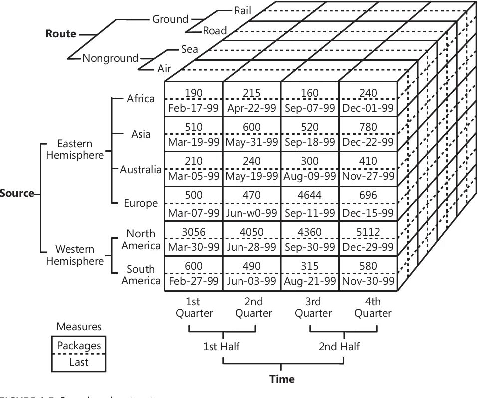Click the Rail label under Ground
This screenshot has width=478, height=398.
[243, 9]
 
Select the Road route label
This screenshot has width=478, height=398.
[215, 31]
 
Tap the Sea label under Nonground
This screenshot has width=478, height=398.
[190, 49]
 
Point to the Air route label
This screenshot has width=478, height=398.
[164, 68]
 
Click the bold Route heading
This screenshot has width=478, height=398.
[61, 34]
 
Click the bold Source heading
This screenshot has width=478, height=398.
[17, 193]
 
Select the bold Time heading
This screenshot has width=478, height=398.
[282, 379]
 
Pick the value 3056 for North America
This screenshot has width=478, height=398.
[194, 232]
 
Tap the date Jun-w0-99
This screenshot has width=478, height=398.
[251, 213]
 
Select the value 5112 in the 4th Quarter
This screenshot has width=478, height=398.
[368, 232]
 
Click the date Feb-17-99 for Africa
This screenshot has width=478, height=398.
[194, 108]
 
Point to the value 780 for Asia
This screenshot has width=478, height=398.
[368, 128]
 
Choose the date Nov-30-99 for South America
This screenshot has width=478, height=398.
[368, 281]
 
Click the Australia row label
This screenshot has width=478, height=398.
[141, 170]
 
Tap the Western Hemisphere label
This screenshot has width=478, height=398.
[75, 255]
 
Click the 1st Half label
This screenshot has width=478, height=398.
[222, 347]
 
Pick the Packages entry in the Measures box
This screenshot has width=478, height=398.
[79, 345]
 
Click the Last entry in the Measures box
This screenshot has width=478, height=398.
[79, 362]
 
